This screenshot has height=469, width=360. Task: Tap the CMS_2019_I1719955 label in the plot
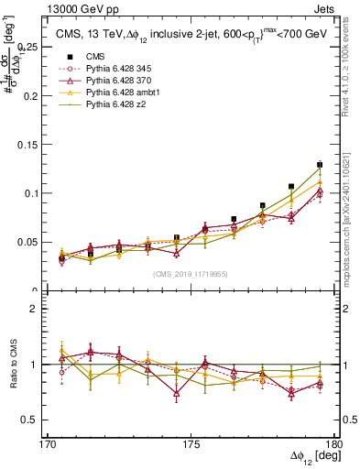pyautogui.click(x=191, y=274)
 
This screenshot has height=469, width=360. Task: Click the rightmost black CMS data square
pyautogui.click(x=320, y=165)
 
